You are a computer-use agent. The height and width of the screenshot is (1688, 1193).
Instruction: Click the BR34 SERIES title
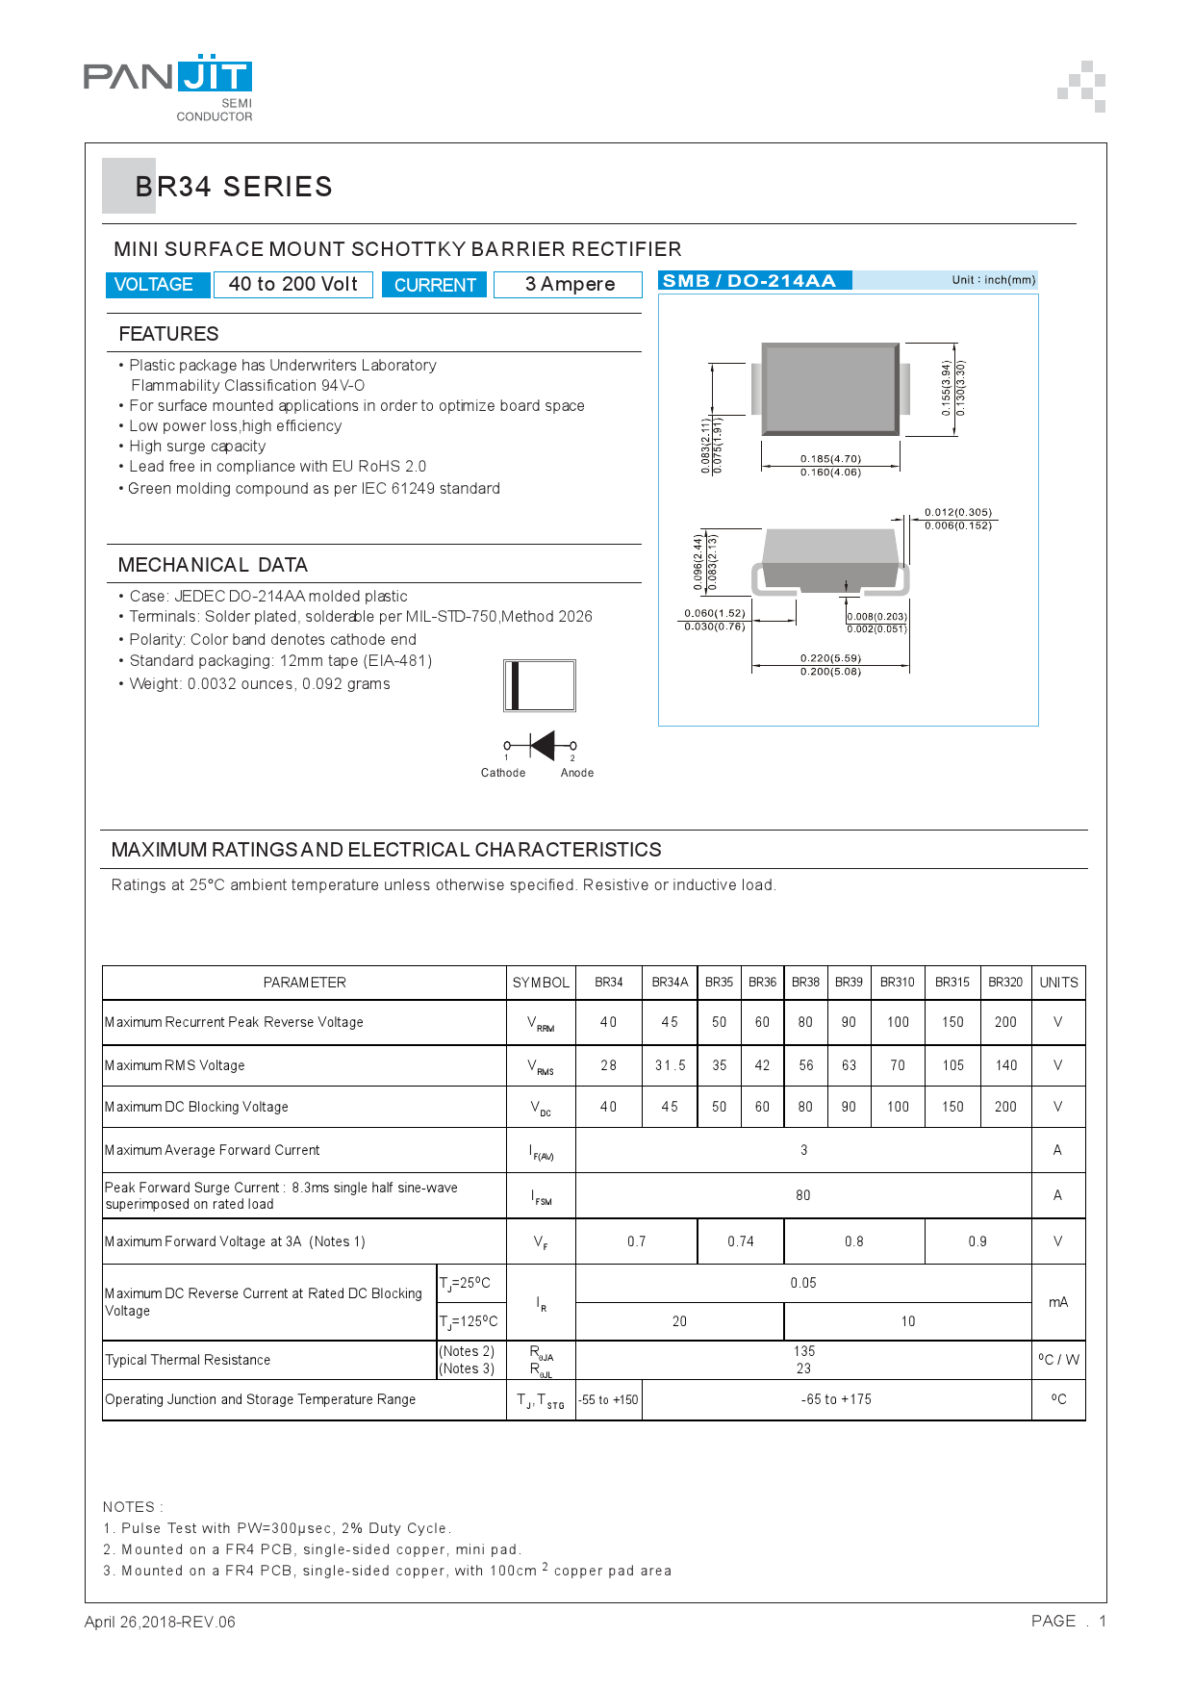(234, 187)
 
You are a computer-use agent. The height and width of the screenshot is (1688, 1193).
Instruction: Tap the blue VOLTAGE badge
(154, 285)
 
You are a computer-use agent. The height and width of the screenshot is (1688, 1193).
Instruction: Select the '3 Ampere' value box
(569, 285)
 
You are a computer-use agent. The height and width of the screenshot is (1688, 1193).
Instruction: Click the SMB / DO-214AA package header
(749, 281)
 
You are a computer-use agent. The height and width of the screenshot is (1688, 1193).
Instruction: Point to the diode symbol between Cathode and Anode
(542, 745)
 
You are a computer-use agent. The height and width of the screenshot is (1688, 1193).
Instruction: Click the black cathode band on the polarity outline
(516, 685)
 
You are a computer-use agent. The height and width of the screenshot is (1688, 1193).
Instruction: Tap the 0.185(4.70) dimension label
(830, 459)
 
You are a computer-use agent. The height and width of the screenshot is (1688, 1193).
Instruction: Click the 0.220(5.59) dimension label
(830, 658)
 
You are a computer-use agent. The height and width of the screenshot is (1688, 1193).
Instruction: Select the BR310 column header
(897, 983)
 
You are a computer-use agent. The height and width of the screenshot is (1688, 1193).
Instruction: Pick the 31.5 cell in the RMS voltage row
(670, 1065)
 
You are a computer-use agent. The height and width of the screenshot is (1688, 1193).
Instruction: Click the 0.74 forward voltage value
(740, 1241)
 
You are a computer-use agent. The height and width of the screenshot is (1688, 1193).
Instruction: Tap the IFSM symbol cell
(541, 1196)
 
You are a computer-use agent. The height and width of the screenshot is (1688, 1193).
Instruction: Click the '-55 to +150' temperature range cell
(608, 1400)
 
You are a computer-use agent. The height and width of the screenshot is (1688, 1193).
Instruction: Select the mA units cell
(1057, 1302)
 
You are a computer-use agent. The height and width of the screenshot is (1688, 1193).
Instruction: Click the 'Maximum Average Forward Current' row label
(213, 1150)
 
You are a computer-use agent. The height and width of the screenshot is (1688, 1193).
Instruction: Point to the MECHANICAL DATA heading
(213, 565)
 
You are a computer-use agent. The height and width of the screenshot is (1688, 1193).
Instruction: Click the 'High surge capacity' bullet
(197, 447)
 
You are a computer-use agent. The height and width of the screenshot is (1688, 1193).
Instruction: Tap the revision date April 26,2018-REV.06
(160, 1622)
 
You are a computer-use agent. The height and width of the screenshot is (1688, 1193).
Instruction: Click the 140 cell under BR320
(1005, 1065)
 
